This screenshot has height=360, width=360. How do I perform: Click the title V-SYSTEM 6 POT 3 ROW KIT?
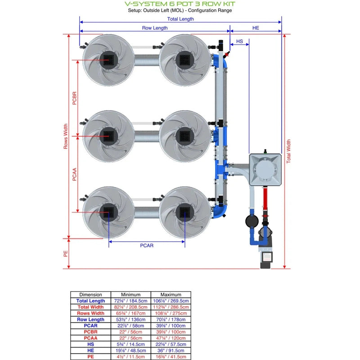point(180,4)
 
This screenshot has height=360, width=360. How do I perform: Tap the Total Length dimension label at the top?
point(180,19)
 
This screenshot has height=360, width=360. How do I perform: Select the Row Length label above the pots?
point(155,28)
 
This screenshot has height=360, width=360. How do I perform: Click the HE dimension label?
point(256,28)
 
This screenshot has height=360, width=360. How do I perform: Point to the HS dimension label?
point(240,41)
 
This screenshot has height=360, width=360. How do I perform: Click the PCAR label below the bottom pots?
point(147,246)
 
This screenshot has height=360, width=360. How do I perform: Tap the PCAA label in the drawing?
point(75,173)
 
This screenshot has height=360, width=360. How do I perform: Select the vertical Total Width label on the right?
point(289,151)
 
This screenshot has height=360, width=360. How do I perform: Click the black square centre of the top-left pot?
point(108,59)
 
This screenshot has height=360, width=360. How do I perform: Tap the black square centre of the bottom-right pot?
point(184,211)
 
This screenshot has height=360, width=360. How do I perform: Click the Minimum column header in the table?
point(130,295)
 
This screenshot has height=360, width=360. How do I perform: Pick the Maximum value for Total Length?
point(171,301)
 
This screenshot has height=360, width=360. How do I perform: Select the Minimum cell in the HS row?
point(130,344)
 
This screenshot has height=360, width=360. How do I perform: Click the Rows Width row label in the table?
point(90,313)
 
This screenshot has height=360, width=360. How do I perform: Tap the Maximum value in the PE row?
point(171,356)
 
